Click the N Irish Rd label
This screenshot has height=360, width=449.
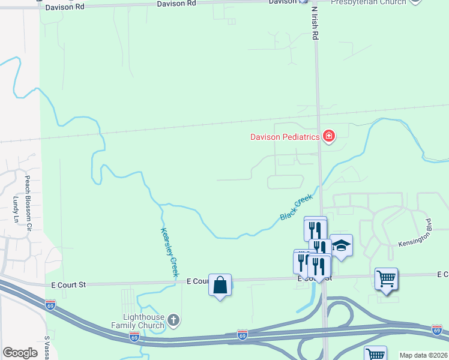314,23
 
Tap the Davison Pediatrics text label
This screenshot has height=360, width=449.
285,137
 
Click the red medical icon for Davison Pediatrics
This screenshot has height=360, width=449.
328,137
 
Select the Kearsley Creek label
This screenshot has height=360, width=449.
169,252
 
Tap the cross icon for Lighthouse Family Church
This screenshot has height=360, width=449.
173,320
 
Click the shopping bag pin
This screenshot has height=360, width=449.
220,285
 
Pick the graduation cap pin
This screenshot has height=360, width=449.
341,245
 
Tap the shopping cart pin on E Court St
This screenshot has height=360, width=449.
386,278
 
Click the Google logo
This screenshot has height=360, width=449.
20,353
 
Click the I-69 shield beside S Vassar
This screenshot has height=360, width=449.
50,305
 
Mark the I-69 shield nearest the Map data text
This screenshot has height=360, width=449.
436,329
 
